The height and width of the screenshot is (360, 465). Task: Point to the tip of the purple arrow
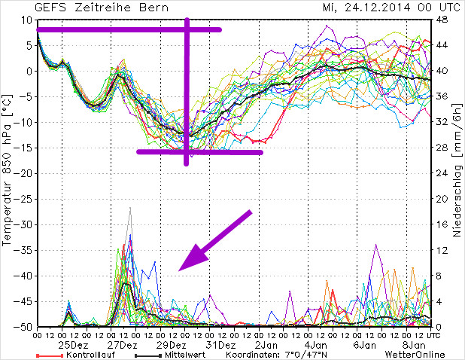coord(181,269)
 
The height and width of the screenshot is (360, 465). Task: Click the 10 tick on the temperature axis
coord(26,20)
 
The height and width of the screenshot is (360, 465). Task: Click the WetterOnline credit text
coord(413,355)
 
